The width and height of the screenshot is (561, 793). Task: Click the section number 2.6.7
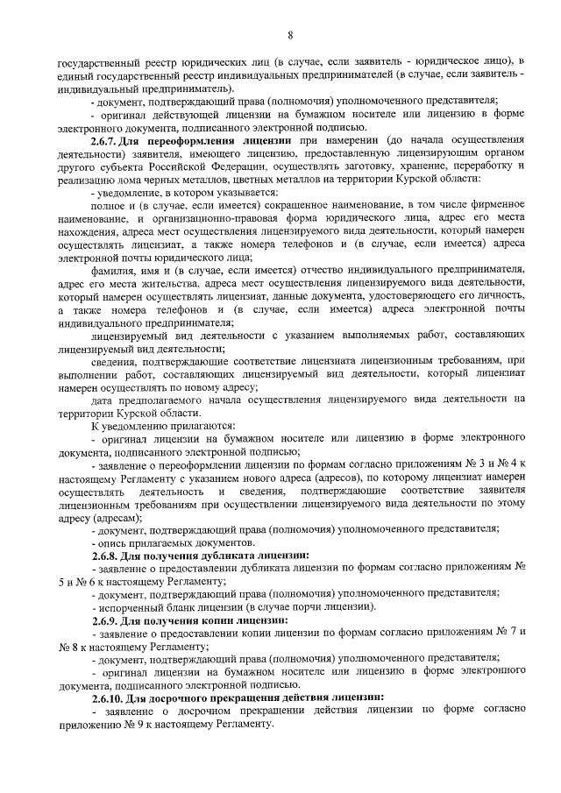(109, 140)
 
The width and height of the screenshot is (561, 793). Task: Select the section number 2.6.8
(109, 556)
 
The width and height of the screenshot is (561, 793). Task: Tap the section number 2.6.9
(109, 620)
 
